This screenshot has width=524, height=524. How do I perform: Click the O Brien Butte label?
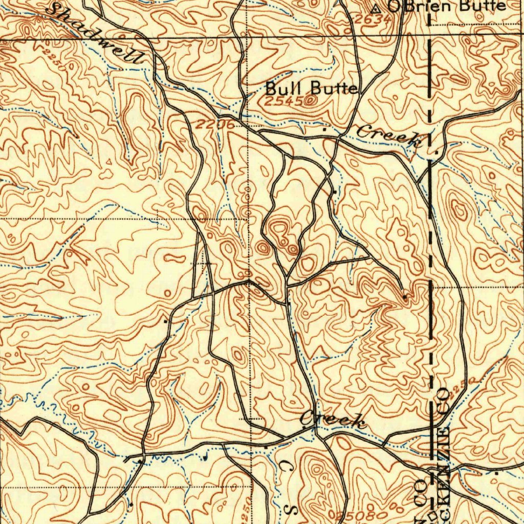[x=446, y=6]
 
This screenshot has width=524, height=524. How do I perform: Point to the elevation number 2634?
[x=373, y=19]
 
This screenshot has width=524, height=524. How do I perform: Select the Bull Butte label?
[x=311, y=88]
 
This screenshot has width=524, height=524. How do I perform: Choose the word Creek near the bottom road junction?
[x=333, y=420]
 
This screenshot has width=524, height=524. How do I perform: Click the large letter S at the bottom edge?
[x=293, y=510]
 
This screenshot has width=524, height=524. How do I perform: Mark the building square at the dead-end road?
[x=405, y=296]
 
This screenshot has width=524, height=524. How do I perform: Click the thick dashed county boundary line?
[x=430, y=205]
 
